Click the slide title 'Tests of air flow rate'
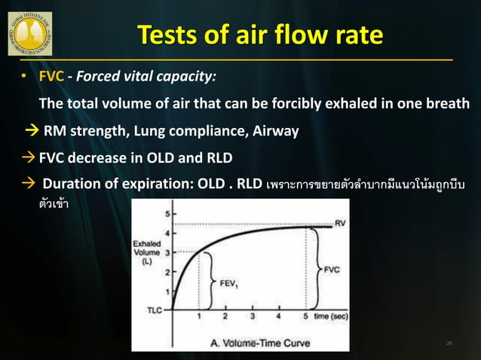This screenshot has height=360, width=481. tap(259, 35)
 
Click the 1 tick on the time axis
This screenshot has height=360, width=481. tap(199, 317)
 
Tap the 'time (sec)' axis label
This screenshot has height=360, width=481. tap(332, 317)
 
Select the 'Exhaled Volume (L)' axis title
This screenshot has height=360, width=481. tap(148, 253)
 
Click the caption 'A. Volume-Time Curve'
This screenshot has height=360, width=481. tap(240, 343)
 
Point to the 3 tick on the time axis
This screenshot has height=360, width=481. tap(253, 317)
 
